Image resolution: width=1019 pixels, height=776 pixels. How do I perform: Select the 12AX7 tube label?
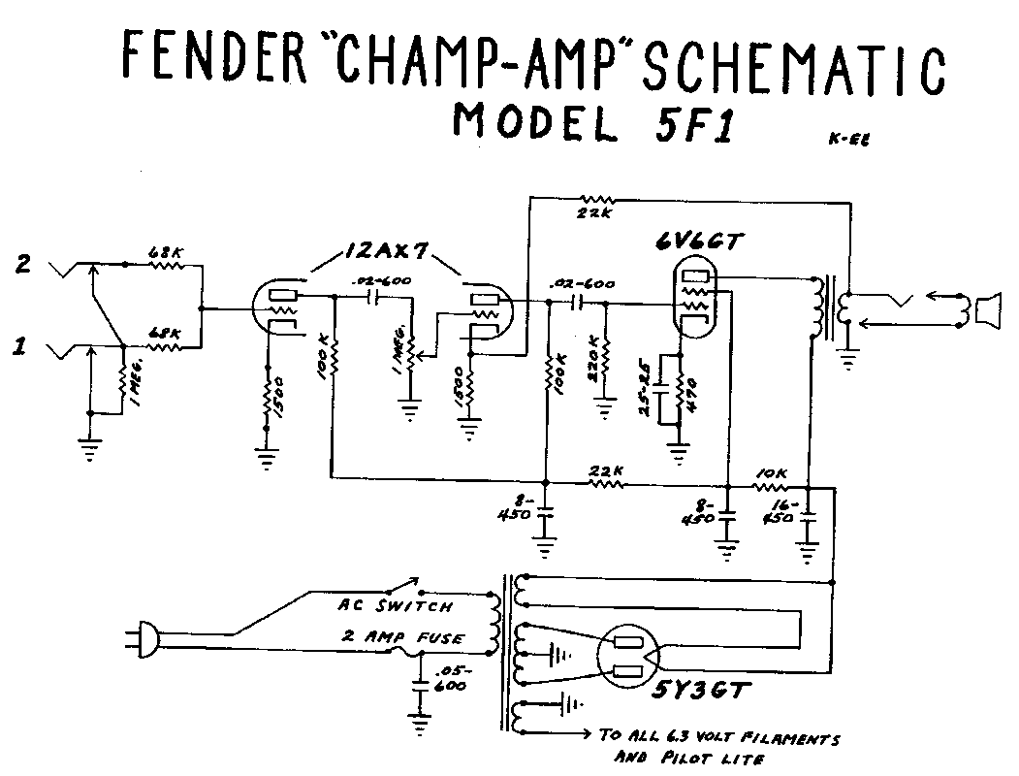coord(386,253)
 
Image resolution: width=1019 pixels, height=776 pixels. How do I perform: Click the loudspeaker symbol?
coord(988,310)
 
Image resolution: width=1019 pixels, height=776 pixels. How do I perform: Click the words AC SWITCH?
coord(395,607)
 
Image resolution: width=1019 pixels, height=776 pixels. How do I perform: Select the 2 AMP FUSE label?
coord(400,639)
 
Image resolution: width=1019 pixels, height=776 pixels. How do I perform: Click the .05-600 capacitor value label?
coord(451,679)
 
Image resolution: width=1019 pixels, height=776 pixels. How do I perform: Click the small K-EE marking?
coord(848,139)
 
